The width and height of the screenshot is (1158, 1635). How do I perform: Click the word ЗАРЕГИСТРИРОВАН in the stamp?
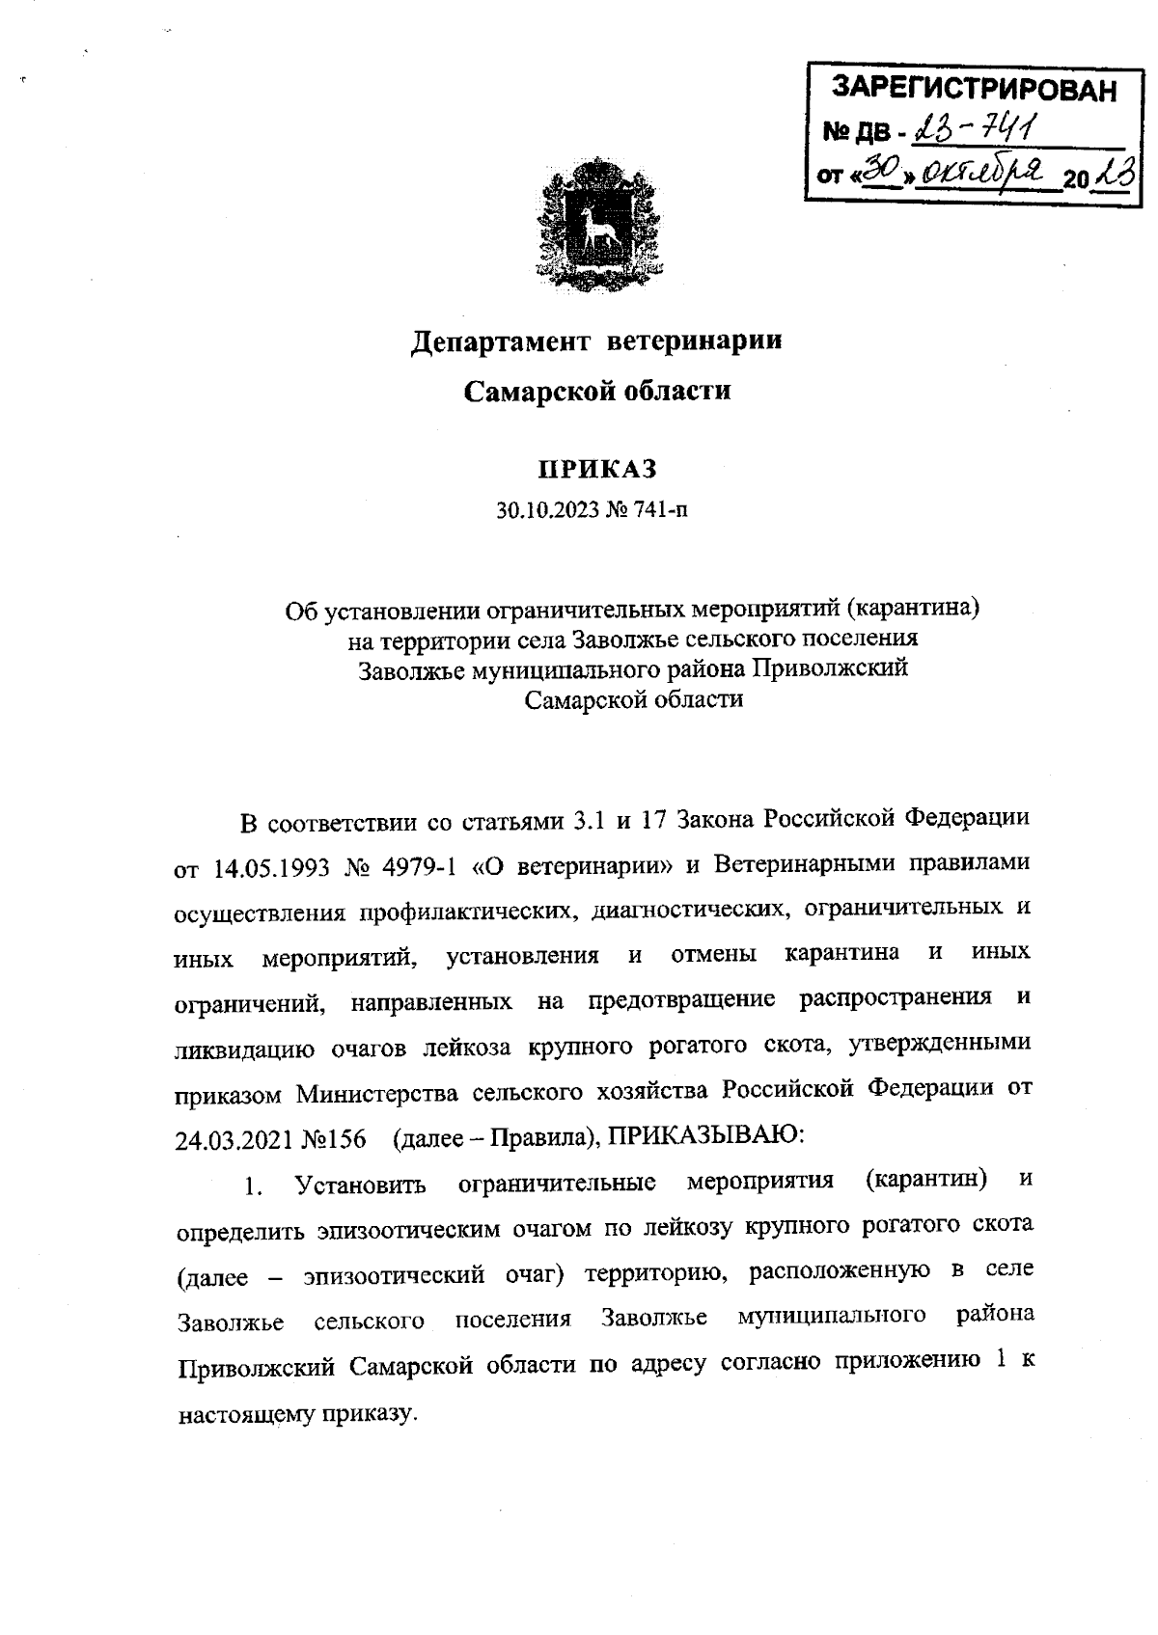point(974,91)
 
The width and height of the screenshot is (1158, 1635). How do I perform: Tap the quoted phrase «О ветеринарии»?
point(573,866)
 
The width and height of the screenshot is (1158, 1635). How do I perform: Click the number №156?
point(334,1139)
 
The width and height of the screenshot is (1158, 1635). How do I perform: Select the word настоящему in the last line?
point(242,1414)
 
